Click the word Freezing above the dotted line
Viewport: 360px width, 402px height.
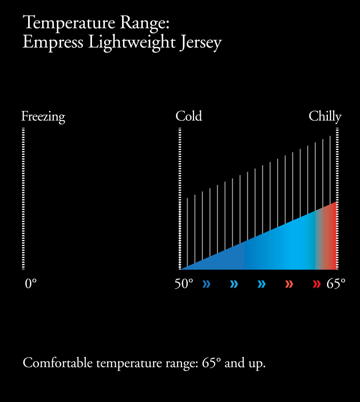(43, 117)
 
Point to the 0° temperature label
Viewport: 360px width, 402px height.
(31, 284)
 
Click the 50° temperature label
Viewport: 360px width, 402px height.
(184, 284)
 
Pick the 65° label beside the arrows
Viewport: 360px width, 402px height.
(336, 284)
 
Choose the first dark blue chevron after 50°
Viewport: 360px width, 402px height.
(207, 285)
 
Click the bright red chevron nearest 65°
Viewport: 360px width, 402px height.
(317, 285)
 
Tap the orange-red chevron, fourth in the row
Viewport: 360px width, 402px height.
(289, 285)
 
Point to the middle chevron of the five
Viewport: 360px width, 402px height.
(262, 285)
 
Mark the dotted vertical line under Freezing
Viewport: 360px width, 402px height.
(23, 199)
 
